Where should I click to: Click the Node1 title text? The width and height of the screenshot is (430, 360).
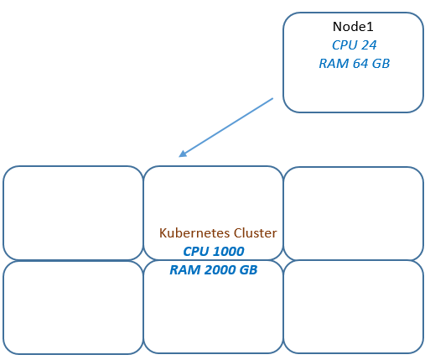[x=353, y=27]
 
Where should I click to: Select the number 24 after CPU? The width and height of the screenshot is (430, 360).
[x=369, y=45]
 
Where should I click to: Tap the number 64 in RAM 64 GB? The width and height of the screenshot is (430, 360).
[x=360, y=64]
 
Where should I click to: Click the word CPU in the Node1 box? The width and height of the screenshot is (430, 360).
[x=345, y=45]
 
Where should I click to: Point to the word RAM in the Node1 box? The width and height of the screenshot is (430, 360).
[x=334, y=64]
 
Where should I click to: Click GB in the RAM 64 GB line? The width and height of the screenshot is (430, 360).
[x=381, y=64]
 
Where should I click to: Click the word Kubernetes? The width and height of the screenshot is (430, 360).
[x=194, y=233]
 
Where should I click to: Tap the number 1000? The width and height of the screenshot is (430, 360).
[x=229, y=252]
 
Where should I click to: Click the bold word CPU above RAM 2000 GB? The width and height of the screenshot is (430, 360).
[x=196, y=252]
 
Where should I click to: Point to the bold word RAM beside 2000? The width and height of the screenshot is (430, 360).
[x=185, y=270]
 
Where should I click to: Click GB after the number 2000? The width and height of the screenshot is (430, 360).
[x=248, y=270]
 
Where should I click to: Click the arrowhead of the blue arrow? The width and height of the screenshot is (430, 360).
[x=182, y=154]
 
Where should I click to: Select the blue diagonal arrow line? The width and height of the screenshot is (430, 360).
[x=225, y=128]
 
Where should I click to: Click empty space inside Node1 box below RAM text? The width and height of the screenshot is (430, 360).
[x=354, y=91]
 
